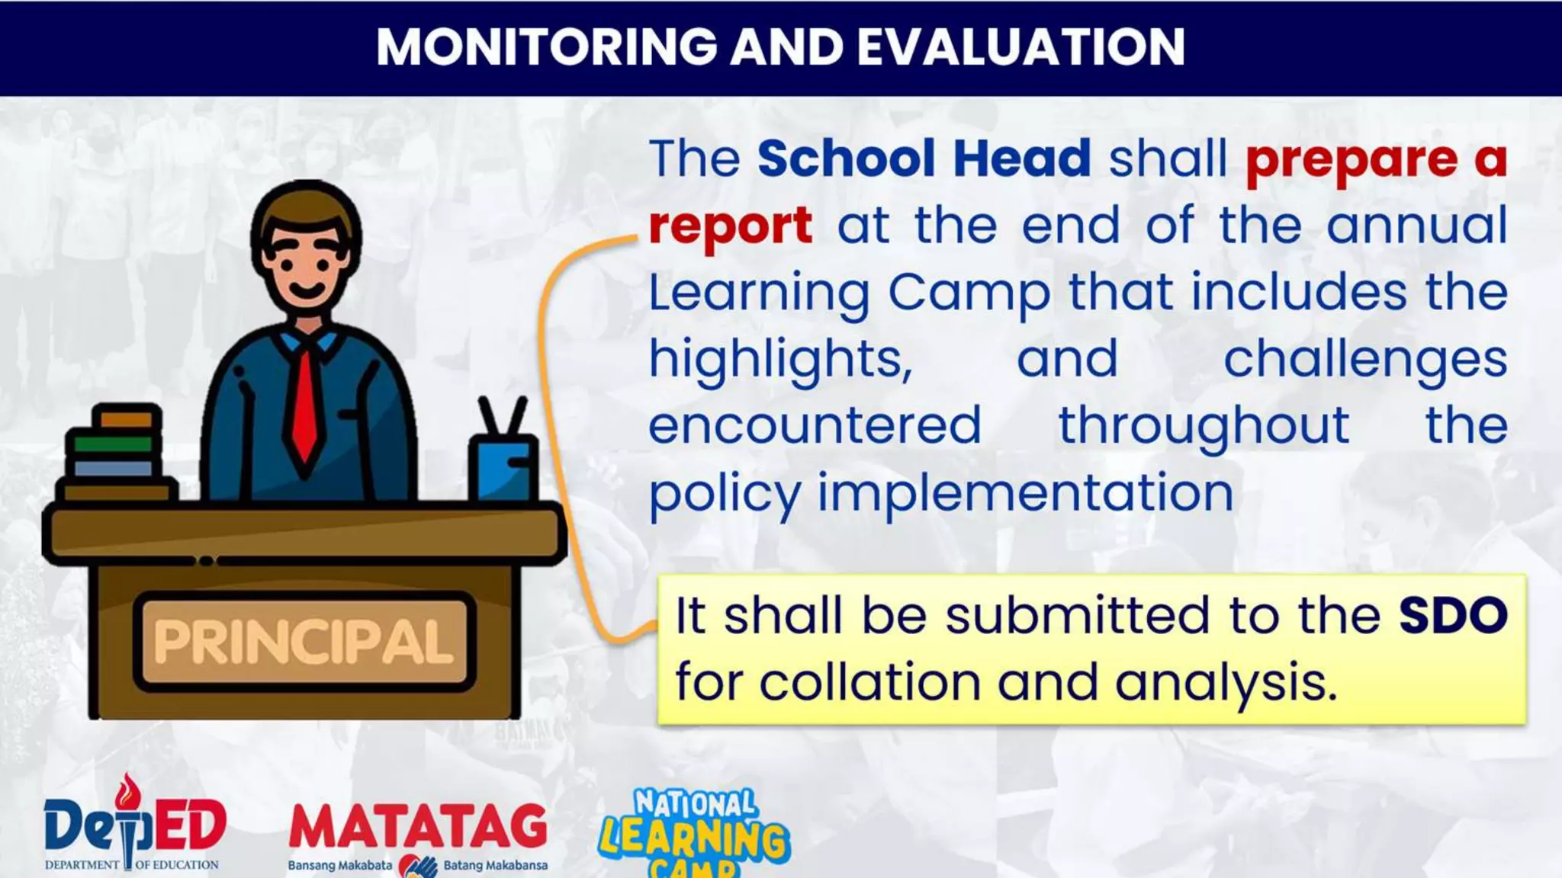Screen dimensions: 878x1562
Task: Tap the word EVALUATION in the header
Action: click(1020, 47)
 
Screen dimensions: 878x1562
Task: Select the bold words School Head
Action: click(924, 159)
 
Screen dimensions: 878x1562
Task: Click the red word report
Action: click(730, 226)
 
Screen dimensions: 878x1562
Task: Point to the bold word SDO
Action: click(1453, 615)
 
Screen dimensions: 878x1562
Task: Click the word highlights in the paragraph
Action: click(780, 359)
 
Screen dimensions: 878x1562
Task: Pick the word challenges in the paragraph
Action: click(1365, 359)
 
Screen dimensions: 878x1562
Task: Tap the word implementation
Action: click(1025, 492)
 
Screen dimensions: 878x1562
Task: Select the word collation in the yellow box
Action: click(869, 682)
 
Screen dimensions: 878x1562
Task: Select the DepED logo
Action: click(134, 827)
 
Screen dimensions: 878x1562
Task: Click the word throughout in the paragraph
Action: click(1204, 425)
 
